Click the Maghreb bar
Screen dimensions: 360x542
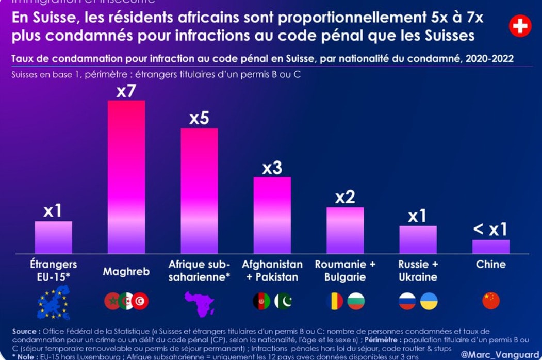(x=126, y=176)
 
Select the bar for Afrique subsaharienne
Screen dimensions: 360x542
(x=199, y=191)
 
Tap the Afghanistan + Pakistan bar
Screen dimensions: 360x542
(x=272, y=215)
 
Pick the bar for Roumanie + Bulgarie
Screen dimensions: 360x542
(x=345, y=230)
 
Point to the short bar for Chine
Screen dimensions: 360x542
(x=491, y=247)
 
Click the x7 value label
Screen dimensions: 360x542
(x=126, y=92)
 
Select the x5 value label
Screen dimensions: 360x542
(x=199, y=119)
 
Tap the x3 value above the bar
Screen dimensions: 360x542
(x=272, y=168)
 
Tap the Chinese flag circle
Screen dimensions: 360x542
(x=491, y=301)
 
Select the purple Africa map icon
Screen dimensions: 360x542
(x=199, y=303)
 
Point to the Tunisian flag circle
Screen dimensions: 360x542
(x=140, y=301)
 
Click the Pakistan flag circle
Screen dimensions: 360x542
(x=283, y=301)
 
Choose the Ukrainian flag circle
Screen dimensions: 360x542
(x=429, y=301)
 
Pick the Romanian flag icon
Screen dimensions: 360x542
(x=335, y=301)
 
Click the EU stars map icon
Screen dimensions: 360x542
(x=54, y=302)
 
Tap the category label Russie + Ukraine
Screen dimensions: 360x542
(x=418, y=271)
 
